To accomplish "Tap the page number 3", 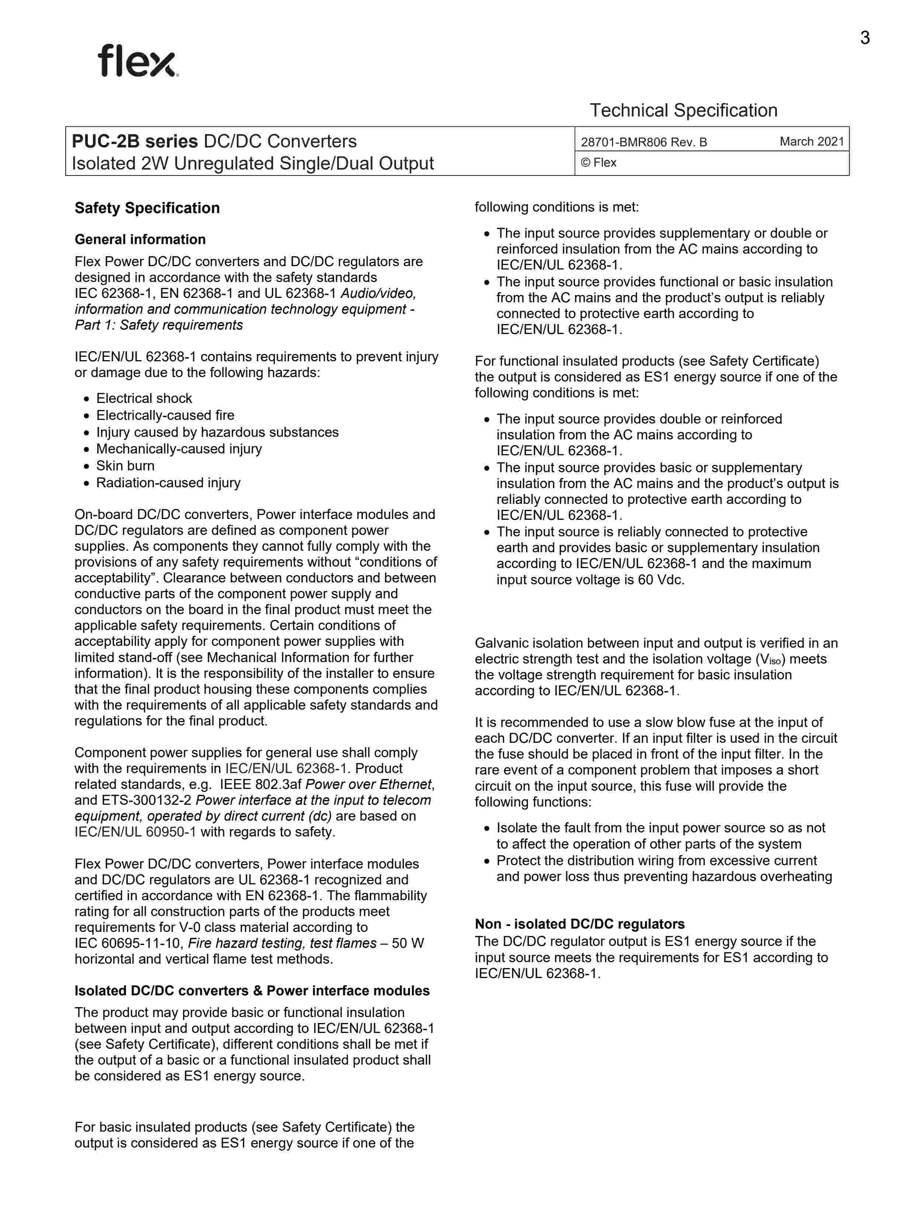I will point(865,38).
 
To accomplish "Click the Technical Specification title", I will point(683,110).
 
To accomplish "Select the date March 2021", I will point(812,142).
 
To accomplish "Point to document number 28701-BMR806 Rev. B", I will point(644,142).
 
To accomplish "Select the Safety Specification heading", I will point(147,208).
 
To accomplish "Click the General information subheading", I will point(140,240).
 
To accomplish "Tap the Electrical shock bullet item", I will point(144,398).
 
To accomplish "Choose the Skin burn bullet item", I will point(125,466).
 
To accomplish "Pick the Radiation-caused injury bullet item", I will point(168,483).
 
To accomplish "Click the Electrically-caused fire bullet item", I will point(165,415).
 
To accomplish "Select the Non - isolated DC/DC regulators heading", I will point(580,924).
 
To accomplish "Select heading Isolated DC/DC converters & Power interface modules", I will point(251,991).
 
